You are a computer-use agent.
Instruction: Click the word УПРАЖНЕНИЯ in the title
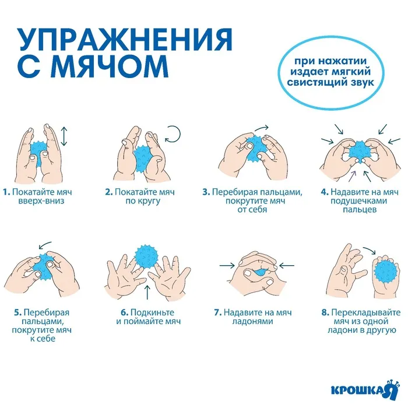(125, 40)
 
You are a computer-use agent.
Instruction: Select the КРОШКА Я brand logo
(365, 389)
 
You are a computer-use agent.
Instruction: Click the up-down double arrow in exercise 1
(64, 136)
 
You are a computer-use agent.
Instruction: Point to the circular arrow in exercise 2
(173, 134)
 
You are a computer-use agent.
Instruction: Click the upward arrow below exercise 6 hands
(147, 292)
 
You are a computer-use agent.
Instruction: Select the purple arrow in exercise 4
(351, 176)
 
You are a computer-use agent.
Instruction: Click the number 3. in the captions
(206, 192)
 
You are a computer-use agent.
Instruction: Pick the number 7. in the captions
(218, 312)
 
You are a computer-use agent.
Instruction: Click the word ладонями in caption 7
(252, 321)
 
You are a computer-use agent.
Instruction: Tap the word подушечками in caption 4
(358, 201)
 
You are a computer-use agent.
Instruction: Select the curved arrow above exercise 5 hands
(44, 245)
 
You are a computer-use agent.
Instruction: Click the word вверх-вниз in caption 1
(41, 201)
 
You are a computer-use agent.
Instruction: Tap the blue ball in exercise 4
(360, 152)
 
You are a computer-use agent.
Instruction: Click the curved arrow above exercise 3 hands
(262, 128)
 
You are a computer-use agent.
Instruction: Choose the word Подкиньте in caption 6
(152, 312)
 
